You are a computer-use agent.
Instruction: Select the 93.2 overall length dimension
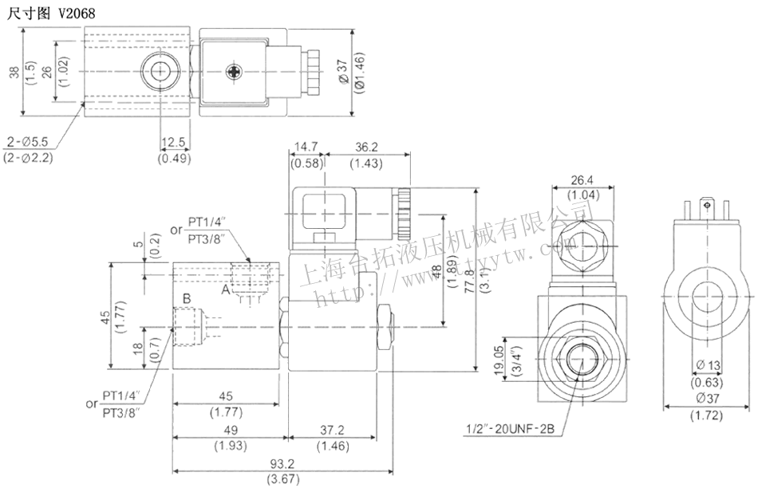[283, 465]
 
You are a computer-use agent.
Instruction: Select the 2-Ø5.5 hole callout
[29, 141]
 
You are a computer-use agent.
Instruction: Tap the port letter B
[187, 299]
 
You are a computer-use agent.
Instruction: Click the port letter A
[226, 291]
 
